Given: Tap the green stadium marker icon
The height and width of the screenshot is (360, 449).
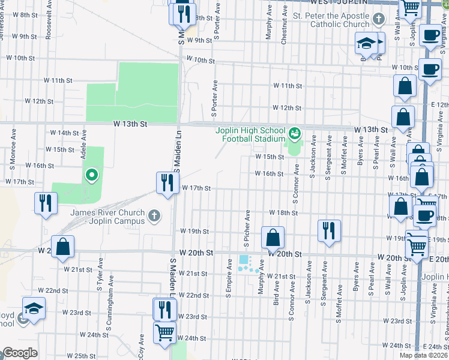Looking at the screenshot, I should tap(295, 132).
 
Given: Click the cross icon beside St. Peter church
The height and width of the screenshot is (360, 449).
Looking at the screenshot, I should tap(378, 20).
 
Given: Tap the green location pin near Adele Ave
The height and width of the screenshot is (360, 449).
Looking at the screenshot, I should tap(91, 175).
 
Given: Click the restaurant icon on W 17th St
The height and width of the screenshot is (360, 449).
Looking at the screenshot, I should tap(165, 182).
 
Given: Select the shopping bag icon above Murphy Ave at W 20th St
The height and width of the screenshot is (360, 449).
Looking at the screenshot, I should tap(273, 237).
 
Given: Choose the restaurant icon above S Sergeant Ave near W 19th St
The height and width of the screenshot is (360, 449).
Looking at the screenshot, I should tap(328, 230).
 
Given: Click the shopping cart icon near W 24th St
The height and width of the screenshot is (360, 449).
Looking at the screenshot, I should tap(164, 332).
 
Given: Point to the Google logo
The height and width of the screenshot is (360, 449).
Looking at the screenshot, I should tap(19, 353).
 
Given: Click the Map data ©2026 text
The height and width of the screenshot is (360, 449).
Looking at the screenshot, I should tap(423, 355).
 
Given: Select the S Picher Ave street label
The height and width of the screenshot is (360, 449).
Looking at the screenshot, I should tap(246, 229).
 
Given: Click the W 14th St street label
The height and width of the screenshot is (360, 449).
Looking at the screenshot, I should tap(64, 133).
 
